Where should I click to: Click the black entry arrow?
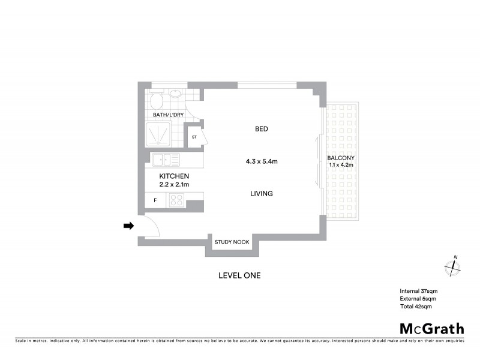point(128,226)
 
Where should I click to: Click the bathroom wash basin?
point(176,94)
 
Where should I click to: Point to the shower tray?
point(158,134)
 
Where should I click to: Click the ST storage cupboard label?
point(194,137)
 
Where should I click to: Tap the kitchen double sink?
point(165,160)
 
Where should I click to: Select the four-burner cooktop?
point(177,200)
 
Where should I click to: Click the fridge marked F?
point(155,200)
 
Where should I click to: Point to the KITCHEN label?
point(174,176)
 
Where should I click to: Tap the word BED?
point(261,129)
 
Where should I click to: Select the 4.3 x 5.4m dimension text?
point(261,161)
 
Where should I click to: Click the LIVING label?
point(262,194)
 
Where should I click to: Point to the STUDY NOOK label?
point(232,242)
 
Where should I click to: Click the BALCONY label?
point(340,158)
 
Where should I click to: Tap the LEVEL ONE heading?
point(239,276)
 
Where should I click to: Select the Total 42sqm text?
point(416,306)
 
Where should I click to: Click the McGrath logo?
point(431,328)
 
